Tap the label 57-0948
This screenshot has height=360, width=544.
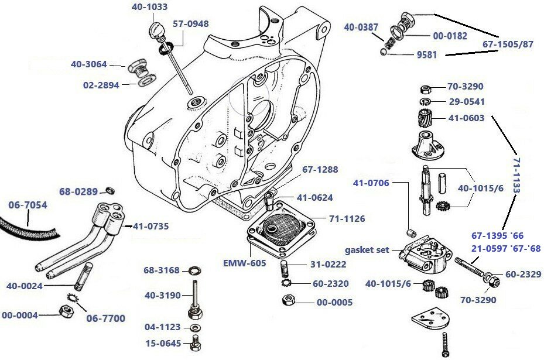[x=191, y=24]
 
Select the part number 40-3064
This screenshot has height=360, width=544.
[x=89, y=64]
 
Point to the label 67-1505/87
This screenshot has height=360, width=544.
[x=508, y=44]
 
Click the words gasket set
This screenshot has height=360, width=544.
[x=367, y=250]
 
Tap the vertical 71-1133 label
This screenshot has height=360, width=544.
[x=516, y=174]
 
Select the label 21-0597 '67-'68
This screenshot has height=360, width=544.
[x=506, y=249]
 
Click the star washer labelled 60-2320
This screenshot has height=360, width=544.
[x=287, y=284]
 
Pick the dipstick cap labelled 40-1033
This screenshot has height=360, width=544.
[x=156, y=29]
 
